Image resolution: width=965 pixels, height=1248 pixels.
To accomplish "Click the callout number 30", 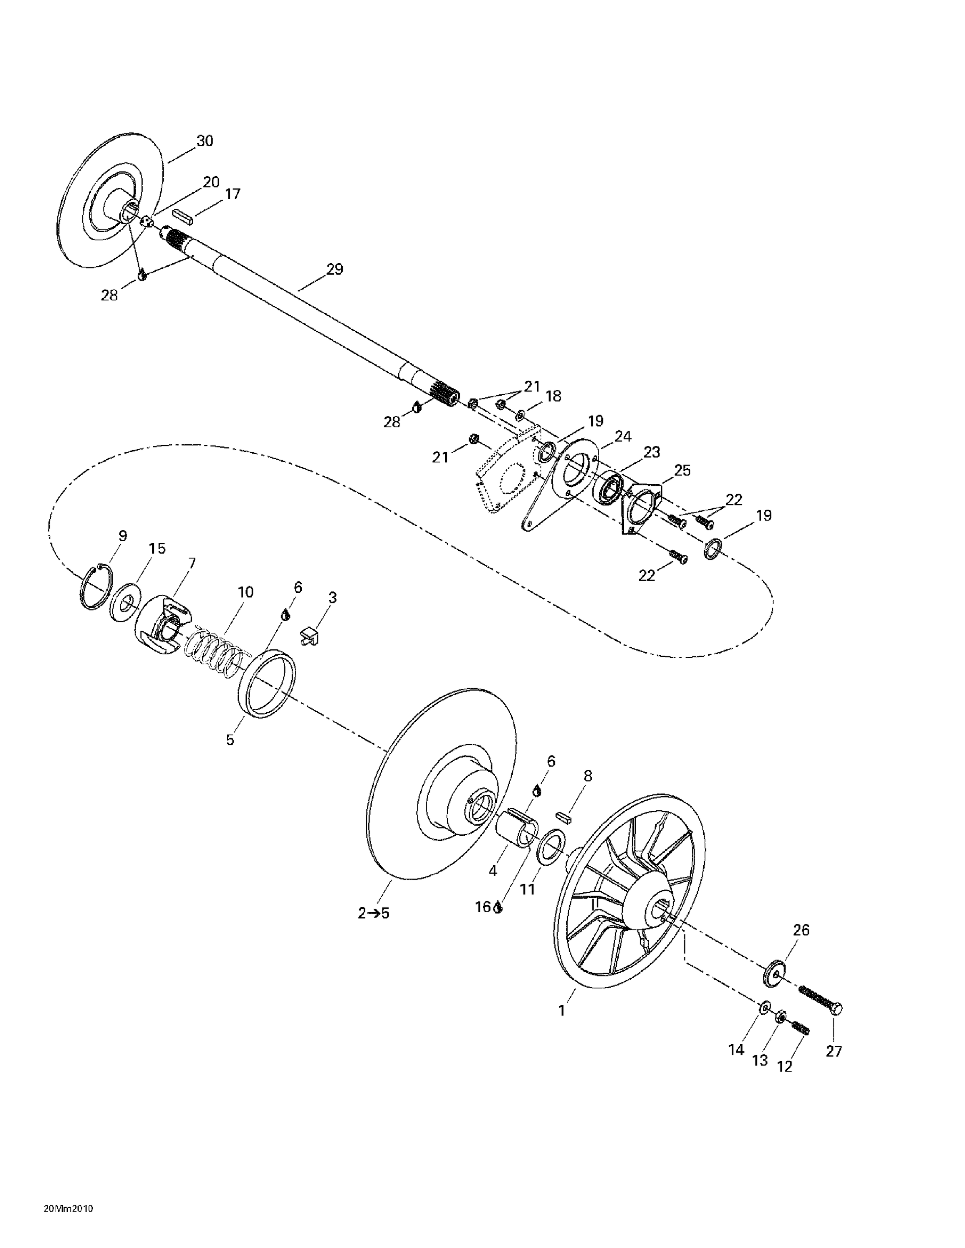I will [x=205, y=141].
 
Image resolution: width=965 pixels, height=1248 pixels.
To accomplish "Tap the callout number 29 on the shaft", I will [x=335, y=269].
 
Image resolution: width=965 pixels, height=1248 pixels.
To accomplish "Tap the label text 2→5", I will [x=374, y=913].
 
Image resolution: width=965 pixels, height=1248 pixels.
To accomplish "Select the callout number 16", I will [x=483, y=907].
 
